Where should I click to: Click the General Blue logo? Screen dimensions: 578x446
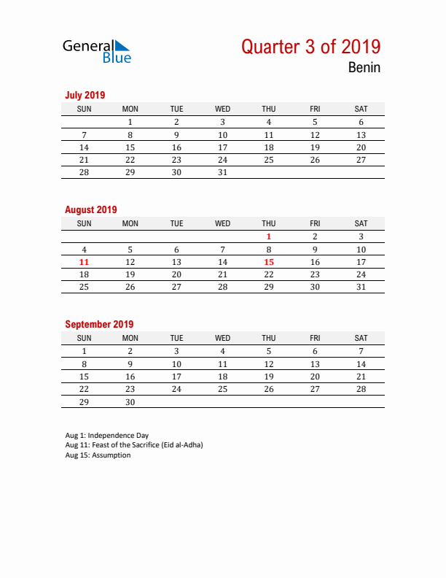[x=96, y=51]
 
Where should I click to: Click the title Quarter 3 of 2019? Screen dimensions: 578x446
[x=310, y=47]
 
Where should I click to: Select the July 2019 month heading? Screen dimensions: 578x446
[x=85, y=95]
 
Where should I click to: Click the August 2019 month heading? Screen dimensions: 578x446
[x=90, y=209]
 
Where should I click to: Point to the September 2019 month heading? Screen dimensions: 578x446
[x=99, y=324]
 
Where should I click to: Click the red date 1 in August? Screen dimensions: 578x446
[x=269, y=236]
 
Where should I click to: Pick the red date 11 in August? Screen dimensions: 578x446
[x=84, y=262]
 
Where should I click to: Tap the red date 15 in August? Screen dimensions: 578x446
[x=269, y=262]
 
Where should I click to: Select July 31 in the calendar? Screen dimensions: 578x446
[x=223, y=173]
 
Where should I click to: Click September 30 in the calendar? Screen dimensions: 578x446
[x=130, y=402]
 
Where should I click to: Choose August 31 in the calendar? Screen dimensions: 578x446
[x=361, y=288]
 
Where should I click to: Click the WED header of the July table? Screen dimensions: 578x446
[x=223, y=109]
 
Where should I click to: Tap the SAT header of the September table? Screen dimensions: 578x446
[x=361, y=338]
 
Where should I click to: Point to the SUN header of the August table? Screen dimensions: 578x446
[x=84, y=223]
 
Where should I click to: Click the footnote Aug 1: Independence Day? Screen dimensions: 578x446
[x=106, y=436]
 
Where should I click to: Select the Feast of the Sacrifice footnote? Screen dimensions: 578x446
[x=134, y=445]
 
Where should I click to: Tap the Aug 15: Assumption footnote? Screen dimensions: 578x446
[x=98, y=455]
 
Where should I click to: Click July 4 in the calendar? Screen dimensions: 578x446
[x=269, y=123]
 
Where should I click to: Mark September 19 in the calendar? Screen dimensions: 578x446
[x=269, y=377]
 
